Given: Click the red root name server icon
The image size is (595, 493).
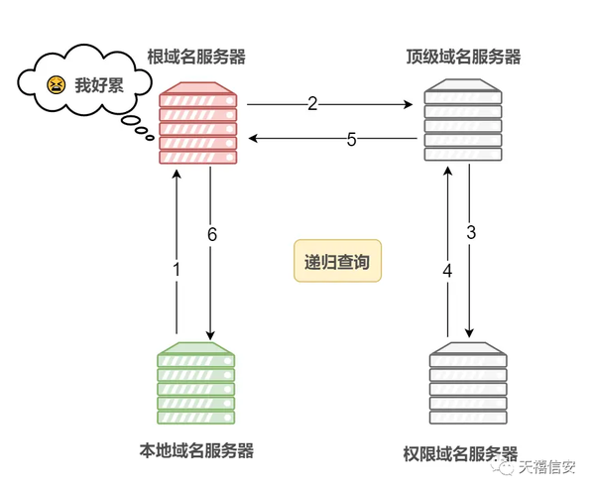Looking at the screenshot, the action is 198,123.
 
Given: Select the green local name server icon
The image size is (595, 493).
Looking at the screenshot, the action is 196,383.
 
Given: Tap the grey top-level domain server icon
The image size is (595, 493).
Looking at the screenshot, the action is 463,120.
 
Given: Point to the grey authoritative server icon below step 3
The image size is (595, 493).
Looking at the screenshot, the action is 468,383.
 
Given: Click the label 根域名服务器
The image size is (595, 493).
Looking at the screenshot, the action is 196,57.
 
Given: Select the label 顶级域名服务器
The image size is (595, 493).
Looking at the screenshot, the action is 463,57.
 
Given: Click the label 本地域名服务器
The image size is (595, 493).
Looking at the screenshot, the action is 196,451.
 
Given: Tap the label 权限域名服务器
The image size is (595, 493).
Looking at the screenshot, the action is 460,453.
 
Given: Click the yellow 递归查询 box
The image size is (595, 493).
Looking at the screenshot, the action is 337,261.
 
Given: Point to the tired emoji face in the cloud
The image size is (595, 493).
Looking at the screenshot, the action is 57,85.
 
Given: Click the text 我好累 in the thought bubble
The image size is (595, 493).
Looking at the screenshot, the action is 99,85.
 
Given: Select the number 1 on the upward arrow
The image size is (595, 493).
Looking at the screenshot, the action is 177,270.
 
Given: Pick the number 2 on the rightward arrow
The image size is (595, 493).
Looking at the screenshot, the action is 312,104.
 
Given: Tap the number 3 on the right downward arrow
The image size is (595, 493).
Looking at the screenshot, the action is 471,232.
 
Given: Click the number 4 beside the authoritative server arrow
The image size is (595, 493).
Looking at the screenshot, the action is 448,271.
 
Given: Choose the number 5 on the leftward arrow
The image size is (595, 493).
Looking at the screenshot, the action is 352,139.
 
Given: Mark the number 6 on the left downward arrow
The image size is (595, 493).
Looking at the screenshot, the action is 212,234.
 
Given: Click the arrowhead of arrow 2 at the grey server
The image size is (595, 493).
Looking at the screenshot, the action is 409,104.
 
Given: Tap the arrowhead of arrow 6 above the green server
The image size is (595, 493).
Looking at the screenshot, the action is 210,334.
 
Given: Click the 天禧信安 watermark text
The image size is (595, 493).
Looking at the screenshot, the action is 547,467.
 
